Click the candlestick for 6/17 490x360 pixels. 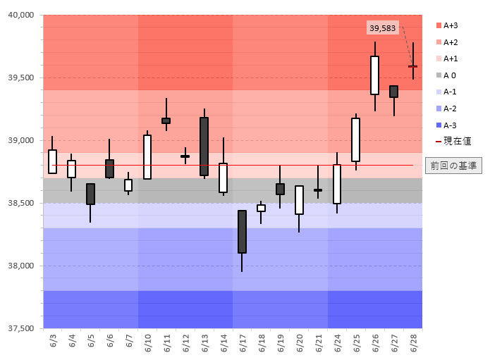tap(242, 232)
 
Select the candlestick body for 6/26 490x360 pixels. tap(374, 75)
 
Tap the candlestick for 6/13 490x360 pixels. tap(204, 146)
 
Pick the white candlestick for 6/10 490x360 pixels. tap(147, 157)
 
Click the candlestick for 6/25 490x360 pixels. tap(356, 139)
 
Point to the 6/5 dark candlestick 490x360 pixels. tap(90, 194)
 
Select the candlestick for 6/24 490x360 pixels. tap(337, 184)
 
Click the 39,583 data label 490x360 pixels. tap(383, 27)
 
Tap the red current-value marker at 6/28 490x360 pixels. tap(413, 66)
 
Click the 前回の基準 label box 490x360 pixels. tap(453, 166)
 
